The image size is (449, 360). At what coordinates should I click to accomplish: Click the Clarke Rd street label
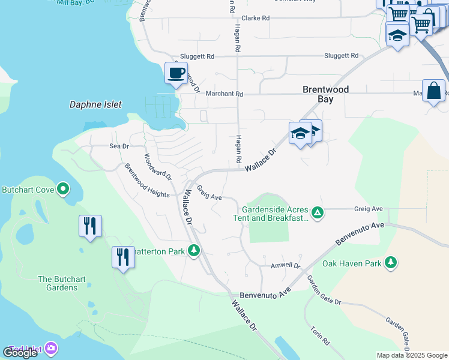(255, 18)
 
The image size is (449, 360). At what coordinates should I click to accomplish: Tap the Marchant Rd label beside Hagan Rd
(224, 94)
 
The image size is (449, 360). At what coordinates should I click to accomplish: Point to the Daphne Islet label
(95, 104)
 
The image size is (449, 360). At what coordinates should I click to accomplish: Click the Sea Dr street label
(119, 146)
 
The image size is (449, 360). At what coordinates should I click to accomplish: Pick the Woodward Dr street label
(158, 167)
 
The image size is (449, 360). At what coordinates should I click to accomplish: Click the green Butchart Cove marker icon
(63, 190)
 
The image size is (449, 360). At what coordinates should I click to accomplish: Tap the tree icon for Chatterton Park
(193, 250)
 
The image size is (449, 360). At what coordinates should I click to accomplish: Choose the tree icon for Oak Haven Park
(390, 262)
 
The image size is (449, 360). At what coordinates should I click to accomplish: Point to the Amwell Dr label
(285, 265)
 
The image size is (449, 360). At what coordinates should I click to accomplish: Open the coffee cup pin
(176, 73)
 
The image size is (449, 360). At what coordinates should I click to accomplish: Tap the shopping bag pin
(433, 91)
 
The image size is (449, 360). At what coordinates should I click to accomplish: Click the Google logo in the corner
(20, 352)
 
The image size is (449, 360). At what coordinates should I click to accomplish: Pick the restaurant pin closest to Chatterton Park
(123, 257)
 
